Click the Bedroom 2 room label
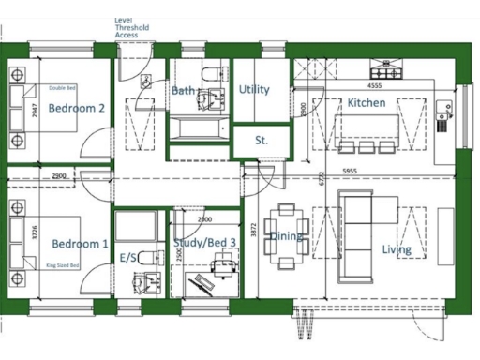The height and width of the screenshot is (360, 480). tap(77, 108)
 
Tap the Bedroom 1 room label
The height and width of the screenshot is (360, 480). tap(80, 244)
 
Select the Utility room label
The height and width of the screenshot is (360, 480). tap(254, 90)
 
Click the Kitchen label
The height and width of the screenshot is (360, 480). tap(367, 102)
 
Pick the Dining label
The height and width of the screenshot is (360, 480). tap(286, 236)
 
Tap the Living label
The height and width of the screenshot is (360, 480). tap(397, 249)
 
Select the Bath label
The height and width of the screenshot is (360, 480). tap(183, 90)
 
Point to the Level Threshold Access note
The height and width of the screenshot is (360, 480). tap(131, 29)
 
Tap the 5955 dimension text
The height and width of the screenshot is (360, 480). tap(350, 171)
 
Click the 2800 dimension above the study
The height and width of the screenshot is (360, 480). tap(204, 218)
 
